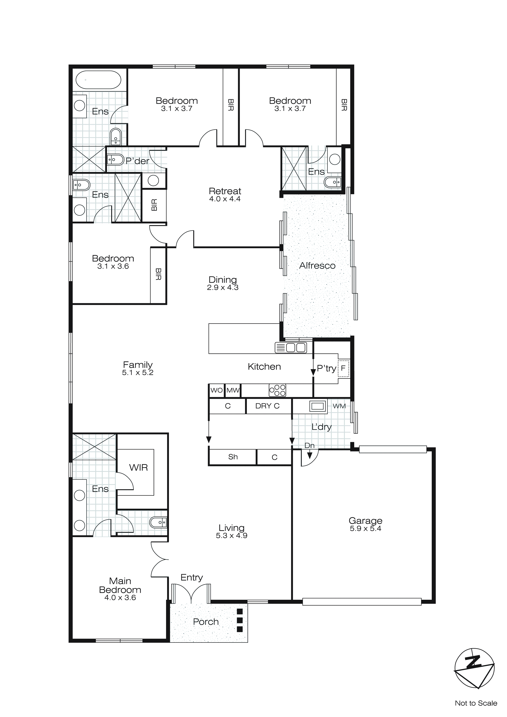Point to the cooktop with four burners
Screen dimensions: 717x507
277,390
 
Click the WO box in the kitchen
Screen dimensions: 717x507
216,390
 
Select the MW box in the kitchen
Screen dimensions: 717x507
233,390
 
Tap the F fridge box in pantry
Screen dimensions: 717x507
343,368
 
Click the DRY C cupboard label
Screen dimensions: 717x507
267,406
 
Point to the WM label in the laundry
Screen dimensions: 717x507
339,406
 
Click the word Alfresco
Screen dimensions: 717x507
317,266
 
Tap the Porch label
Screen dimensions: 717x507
206,622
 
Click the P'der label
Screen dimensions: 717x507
137,161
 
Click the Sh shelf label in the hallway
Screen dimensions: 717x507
233,457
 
